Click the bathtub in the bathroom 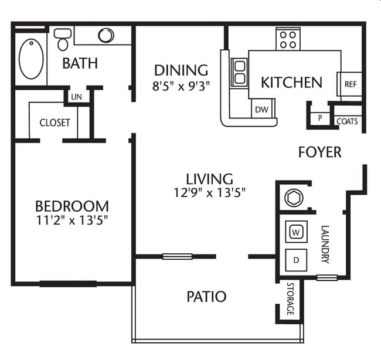(x=30, y=59)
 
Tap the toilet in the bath (x=63, y=39)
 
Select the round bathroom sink (x=106, y=35)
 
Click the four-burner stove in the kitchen (x=288, y=39)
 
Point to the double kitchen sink (x=239, y=72)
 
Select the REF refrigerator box (x=350, y=84)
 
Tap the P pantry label (x=320, y=117)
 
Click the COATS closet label (x=346, y=121)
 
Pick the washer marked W (x=296, y=232)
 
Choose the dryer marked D (x=296, y=259)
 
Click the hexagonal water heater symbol (x=294, y=197)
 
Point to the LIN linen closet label (x=76, y=96)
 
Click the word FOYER (x=319, y=152)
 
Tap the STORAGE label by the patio (x=290, y=299)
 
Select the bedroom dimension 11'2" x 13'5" (x=72, y=220)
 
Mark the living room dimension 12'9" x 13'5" (x=209, y=191)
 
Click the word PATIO (x=206, y=297)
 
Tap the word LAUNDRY (x=326, y=244)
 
